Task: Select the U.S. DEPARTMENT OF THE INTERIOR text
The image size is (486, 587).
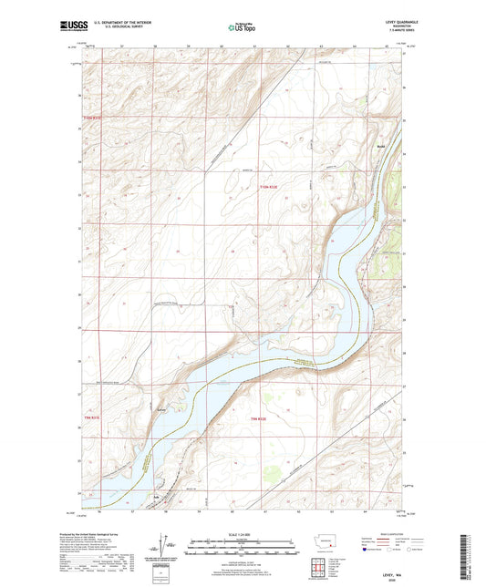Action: (x=114, y=22)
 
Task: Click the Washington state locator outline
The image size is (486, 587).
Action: (x=330, y=539)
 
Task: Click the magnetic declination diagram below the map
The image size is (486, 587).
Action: (x=164, y=547)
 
